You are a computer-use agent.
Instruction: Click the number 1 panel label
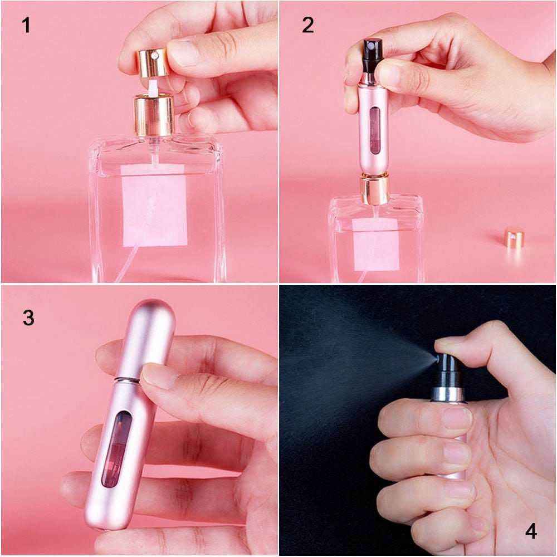pyautogui.click(x=26, y=25)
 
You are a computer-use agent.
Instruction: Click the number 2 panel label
pyautogui.click(x=308, y=25)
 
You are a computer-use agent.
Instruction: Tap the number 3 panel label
pyautogui.click(x=28, y=317)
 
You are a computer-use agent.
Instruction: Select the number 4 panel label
pyautogui.click(x=531, y=531)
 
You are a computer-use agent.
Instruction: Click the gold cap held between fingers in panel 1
pyautogui.click(x=152, y=61)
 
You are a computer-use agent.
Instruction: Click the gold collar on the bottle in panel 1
pyautogui.click(x=154, y=115)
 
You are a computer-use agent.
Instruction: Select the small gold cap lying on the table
pyautogui.click(x=514, y=238)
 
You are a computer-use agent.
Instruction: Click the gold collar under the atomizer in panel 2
pyautogui.click(x=374, y=189)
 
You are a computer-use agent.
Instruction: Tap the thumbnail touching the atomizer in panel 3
pyautogui.click(x=157, y=377)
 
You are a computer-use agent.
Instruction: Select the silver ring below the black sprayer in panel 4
pyautogui.click(x=447, y=394)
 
